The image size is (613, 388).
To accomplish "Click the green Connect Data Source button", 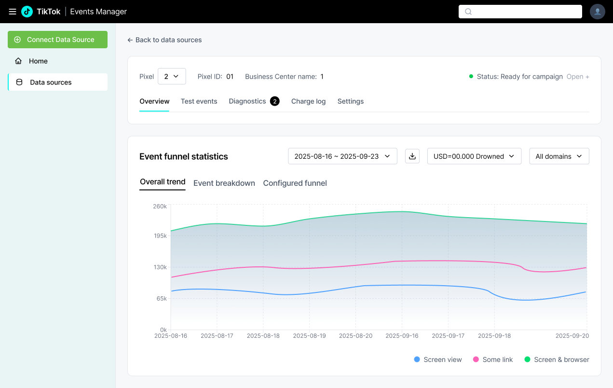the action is pyautogui.click(x=57, y=40).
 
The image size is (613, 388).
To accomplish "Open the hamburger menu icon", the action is pyautogui.click(x=13, y=12).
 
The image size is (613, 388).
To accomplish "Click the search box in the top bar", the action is pyautogui.click(x=520, y=12).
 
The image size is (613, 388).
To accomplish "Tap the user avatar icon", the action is pyautogui.click(x=598, y=12).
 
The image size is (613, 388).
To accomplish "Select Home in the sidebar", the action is pyautogui.click(x=38, y=61).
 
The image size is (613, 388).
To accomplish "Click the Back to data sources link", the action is pyautogui.click(x=164, y=40).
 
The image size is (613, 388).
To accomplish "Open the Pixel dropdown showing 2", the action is pyautogui.click(x=172, y=76).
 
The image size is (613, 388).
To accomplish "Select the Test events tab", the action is pyautogui.click(x=199, y=101).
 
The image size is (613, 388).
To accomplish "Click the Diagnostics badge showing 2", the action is pyautogui.click(x=275, y=101).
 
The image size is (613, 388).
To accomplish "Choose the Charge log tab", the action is pyautogui.click(x=308, y=101).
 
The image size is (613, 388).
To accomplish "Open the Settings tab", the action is pyautogui.click(x=351, y=101).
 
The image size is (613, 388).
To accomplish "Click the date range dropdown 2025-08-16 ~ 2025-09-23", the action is pyautogui.click(x=342, y=156).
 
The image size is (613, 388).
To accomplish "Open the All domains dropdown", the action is pyautogui.click(x=559, y=156).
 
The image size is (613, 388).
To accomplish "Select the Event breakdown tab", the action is pyautogui.click(x=224, y=183).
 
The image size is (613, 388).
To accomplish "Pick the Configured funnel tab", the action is pyautogui.click(x=295, y=183).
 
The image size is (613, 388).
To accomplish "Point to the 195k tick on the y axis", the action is pyautogui.click(x=160, y=236).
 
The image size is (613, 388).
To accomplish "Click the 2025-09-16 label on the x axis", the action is pyautogui.click(x=402, y=336).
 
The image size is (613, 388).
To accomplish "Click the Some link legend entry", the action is pyautogui.click(x=493, y=360).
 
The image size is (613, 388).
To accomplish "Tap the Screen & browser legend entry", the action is pyautogui.click(x=557, y=360).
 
